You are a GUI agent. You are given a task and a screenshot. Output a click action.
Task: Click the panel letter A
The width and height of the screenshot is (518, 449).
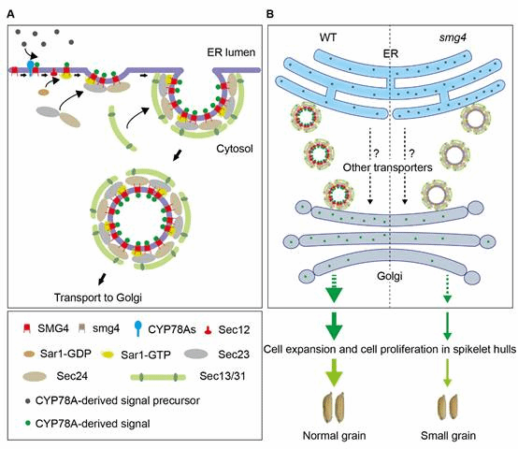pos(11,14)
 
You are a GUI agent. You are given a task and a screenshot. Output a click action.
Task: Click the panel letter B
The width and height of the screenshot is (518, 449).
pos(270,14)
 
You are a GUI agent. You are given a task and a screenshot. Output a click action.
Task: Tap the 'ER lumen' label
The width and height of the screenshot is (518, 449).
pos(231,52)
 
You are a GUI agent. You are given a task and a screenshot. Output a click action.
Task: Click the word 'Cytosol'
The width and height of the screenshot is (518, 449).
pos(235,149)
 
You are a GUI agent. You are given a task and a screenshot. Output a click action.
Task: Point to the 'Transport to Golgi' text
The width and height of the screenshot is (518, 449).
pos(98,297)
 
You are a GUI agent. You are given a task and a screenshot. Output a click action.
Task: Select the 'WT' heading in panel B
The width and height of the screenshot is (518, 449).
pos(328,37)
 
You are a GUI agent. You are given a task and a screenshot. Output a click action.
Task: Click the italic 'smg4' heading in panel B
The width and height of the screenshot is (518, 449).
pos(453,37)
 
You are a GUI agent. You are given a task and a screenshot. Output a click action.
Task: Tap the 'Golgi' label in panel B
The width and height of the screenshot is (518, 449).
pos(390,276)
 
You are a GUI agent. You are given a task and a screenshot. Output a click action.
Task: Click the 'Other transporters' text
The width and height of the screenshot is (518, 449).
pos(387,167)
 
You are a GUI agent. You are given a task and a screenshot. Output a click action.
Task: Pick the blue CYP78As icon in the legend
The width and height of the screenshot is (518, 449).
pos(138,329)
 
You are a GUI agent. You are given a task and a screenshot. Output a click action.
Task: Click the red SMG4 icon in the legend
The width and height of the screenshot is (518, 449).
pos(27,328)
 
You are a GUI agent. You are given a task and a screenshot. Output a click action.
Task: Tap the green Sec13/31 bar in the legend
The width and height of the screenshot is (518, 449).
pos(158,377)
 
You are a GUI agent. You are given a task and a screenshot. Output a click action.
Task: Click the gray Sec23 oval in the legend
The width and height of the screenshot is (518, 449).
pos(196,354)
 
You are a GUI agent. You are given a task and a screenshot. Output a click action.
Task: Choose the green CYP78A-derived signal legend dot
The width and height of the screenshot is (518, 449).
pos(28,423)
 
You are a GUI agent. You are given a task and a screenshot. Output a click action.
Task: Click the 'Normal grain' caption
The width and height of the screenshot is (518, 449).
pos(335,436)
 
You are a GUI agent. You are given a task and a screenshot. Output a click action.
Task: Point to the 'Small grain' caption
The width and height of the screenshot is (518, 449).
pos(448,436)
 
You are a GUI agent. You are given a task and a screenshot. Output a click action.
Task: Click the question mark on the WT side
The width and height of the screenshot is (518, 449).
pos(376,153)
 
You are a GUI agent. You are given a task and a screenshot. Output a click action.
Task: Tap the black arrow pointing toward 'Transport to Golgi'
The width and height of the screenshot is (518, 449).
pos(102,279)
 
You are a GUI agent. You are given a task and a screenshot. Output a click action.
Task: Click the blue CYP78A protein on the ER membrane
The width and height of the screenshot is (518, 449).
pos(31,67)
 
